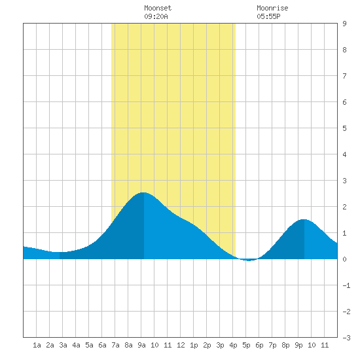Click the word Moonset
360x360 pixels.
pyautogui.click(x=158, y=8)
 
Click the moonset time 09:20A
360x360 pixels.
pyautogui.click(x=156, y=16)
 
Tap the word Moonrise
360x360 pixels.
pyautogui.click(x=272, y=8)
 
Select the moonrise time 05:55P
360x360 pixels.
pyautogui.click(x=268, y=16)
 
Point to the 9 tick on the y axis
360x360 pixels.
pyautogui.click(x=344, y=24)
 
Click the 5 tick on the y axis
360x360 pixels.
pyautogui.click(x=344, y=128)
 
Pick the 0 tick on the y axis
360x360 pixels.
pyautogui.click(x=344, y=259)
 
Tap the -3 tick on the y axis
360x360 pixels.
pyautogui.click(x=346, y=338)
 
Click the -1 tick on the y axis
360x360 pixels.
pyautogui.click(x=346, y=285)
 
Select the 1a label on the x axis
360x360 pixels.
pyautogui.click(x=37, y=345)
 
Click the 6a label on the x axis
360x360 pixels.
pyautogui.click(x=102, y=345)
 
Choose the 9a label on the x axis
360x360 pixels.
pyautogui.click(x=141, y=345)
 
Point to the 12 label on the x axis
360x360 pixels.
pyautogui.click(x=181, y=345)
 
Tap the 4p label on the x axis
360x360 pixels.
pyautogui.click(x=233, y=345)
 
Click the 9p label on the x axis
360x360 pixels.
pyautogui.click(x=298, y=345)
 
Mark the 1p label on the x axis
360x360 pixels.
pyautogui.click(x=194, y=345)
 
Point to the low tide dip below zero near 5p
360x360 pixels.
pyautogui.click(x=249, y=260)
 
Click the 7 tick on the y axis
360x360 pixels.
pyautogui.click(x=344, y=76)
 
